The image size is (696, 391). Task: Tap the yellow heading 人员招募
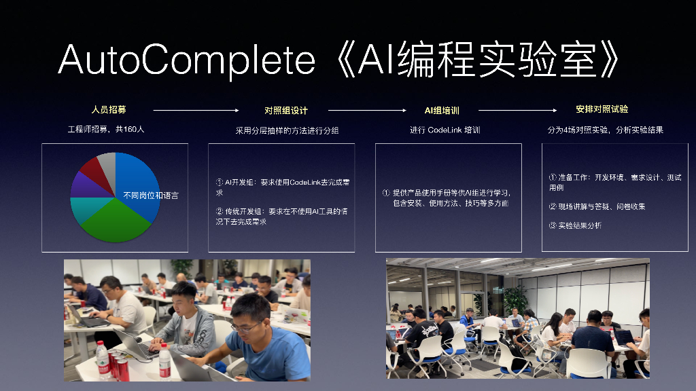[x=109, y=109]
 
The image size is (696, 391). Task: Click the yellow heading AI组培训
[x=442, y=111]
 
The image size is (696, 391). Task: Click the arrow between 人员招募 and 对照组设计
[x=196, y=110]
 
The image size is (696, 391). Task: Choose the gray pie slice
[x=107, y=160]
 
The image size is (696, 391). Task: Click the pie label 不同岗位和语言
[x=151, y=195]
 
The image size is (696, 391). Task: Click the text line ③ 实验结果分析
[x=575, y=225]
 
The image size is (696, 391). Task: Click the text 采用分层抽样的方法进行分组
[x=287, y=130]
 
